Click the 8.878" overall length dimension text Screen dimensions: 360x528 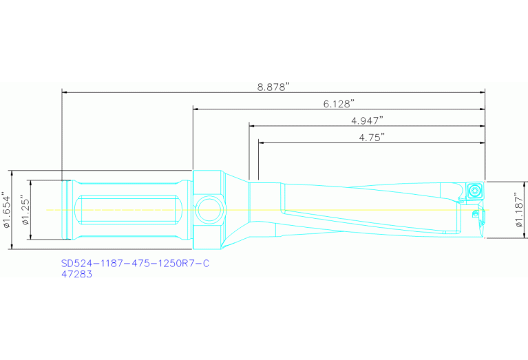pyautogui.click(x=273, y=86)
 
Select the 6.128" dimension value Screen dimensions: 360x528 pyautogui.click(x=339, y=104)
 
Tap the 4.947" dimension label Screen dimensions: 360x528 pyautogui.click(x=366, y=120)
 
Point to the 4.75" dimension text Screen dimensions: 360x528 pyautogui.click(x=371, y=137)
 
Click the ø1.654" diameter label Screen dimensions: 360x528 pyautogui.click(x=8, y=211)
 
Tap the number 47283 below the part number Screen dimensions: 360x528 pyautogui.click(x=76, y=274)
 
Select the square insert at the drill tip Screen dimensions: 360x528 pyautogui.click(x=474, y=190)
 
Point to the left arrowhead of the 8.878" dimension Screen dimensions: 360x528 pyautogui.click(x=65, y=92)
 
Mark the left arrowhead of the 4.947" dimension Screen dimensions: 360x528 pyautogui.click(x=253, y=126)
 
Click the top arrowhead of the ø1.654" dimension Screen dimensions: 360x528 pyautogui.click(x=13, y=173)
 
